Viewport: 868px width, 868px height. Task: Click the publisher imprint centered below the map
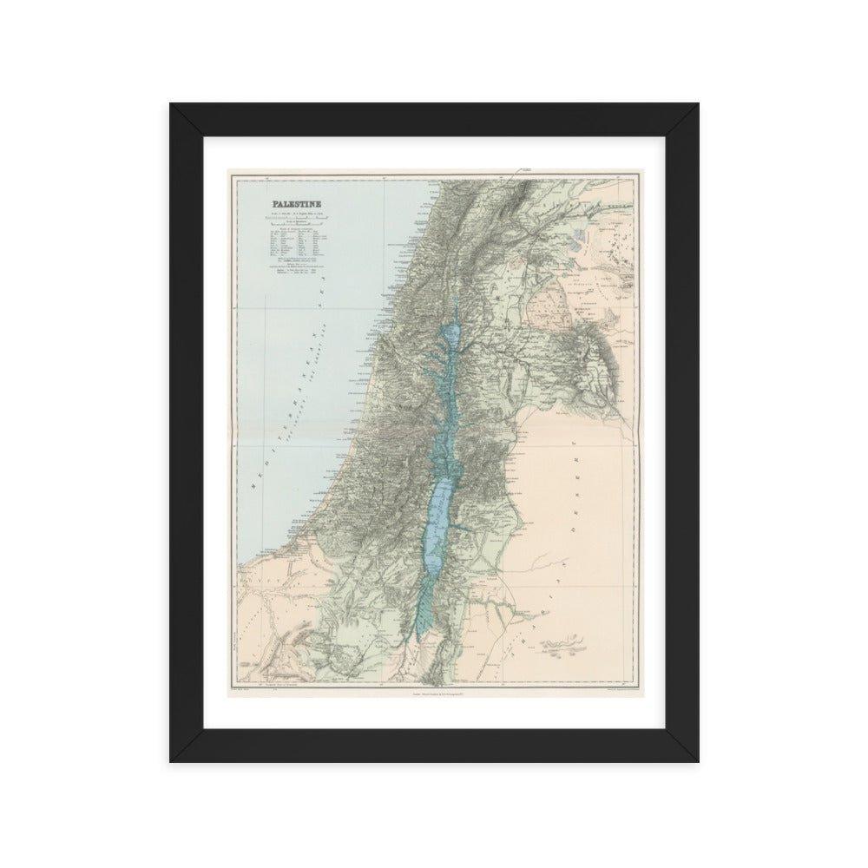click(433, 692)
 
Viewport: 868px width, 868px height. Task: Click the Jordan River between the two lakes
click(444, 408)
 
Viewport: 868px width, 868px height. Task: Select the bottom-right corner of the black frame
click(696, 760)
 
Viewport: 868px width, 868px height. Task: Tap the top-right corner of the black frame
click(696, 106)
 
